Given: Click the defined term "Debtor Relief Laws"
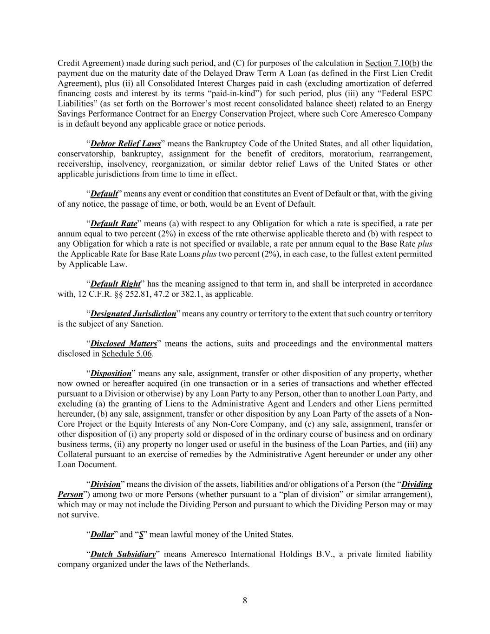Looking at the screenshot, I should click(x=125, y=144).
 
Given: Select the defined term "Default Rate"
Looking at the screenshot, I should click(x=114, y=223).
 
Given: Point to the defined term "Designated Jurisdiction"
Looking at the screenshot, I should click(x=133, y=314).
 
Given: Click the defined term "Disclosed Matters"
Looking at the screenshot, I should click(x=124, y=344).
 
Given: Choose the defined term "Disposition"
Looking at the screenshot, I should click(x=111, y=373).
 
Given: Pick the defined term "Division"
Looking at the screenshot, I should click(x=105, y=484).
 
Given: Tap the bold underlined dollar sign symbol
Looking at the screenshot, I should click(x=141, y=535).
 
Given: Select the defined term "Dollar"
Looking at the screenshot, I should click(x=102, y=535).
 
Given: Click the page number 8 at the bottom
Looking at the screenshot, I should click(x=245, y=601).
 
